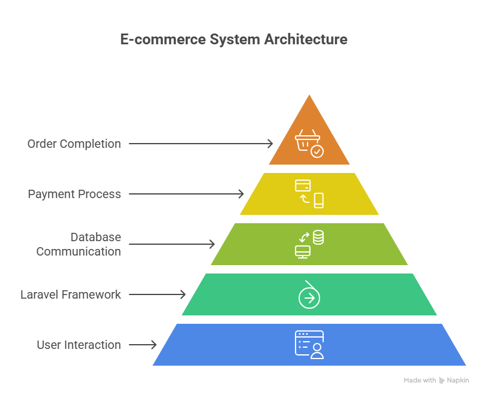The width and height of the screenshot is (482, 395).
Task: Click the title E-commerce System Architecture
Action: (233, 39)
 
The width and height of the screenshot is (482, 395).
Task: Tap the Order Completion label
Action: (74, 144)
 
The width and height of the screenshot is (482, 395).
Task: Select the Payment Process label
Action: (74, 194)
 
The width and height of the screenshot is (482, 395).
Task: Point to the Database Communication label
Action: (79, 244)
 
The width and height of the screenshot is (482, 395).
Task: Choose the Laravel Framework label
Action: (71, 294)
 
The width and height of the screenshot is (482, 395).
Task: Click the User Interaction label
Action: (79, 345)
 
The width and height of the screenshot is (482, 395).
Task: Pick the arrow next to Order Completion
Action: (201, 144)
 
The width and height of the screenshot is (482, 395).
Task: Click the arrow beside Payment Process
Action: (186, 194)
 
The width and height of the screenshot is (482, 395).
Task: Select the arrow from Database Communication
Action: (172, 244)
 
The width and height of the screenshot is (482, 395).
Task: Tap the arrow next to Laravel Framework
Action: (158, 294)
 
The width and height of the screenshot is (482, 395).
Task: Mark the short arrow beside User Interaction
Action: (143, 345)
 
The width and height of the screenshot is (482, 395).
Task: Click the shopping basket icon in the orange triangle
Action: (305, 142)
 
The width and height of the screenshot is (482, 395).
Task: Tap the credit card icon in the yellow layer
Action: (302, 186)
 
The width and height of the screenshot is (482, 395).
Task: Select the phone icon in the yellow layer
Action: (318, 200)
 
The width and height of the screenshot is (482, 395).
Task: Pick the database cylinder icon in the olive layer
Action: (318, 237)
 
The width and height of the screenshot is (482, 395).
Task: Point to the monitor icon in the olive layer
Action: (302, 252)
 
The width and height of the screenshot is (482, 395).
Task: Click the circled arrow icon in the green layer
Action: (309, 297)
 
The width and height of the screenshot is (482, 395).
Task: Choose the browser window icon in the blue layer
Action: (308, 344)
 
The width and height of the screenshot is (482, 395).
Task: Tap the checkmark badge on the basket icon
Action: (317, 151)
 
